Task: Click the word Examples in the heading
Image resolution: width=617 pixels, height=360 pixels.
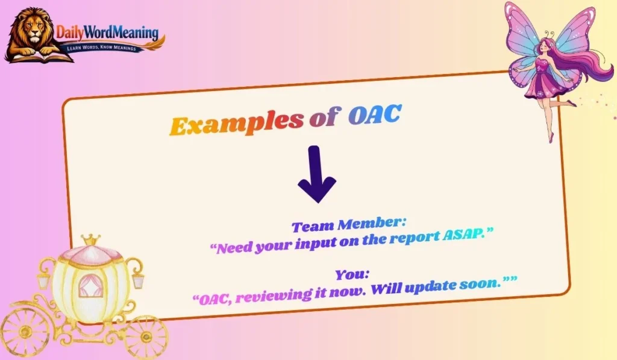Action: [x=236, y=124]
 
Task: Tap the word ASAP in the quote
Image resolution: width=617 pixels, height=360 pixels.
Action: [x=464, y=236]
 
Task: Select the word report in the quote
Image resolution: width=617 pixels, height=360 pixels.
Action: [x=410, y=239]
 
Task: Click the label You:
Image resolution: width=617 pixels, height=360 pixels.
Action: [x=352, y=274]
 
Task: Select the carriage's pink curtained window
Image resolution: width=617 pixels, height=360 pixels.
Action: [x=91, y=284]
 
